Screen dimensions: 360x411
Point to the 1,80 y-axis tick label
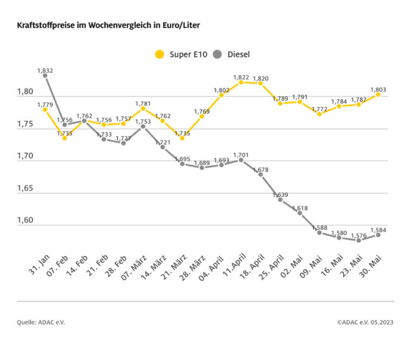click(x=25, y=92)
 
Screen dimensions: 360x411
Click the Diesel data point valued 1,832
click(x=45, y=75)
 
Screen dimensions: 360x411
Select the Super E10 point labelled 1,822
click(x=241, y=82)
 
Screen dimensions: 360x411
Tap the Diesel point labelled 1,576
click(x=359, y=240)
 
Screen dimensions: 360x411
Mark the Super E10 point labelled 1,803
click(x=378, y=94)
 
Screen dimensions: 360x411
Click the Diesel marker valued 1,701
click(x=241, y=160)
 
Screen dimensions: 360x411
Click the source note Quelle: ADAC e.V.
click(x=41, y=323)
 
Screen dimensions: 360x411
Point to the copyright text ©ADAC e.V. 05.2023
click(x=365, y=323)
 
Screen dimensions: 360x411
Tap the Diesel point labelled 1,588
click(x=319, y=232)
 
